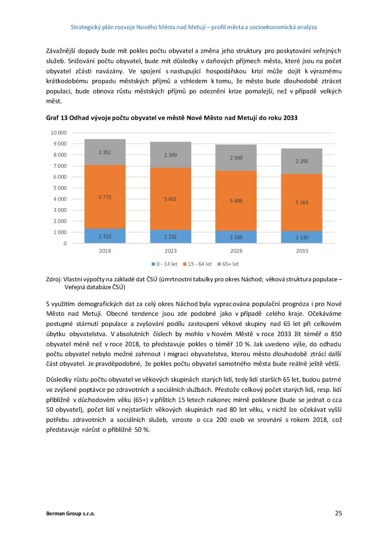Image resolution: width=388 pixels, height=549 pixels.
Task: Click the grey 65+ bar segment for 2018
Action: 105,152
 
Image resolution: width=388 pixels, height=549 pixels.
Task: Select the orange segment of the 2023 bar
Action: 171,199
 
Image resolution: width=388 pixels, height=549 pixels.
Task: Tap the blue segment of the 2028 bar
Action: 236,237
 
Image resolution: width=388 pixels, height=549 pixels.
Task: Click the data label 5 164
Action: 302,202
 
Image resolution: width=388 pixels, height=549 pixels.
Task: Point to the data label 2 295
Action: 302,161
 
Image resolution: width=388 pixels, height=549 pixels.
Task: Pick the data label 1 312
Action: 105,236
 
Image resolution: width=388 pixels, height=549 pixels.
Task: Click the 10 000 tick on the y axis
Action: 59,133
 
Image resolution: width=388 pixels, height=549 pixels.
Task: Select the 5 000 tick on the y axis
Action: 60,188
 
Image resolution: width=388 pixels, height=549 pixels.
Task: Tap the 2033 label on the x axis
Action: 302,251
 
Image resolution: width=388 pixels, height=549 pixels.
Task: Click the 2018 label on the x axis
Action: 105,251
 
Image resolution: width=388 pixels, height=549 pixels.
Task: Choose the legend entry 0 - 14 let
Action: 164,264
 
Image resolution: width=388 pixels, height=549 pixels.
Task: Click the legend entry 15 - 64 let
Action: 197,264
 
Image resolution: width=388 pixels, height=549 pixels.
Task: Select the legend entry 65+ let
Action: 228,264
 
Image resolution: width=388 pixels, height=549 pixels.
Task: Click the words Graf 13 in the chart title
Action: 57,118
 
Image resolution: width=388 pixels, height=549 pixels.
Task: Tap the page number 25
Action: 338,513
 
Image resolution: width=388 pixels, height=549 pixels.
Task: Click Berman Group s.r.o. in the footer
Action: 70,514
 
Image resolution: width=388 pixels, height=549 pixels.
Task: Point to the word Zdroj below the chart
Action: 53,279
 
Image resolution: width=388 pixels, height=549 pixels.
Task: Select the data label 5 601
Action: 171,199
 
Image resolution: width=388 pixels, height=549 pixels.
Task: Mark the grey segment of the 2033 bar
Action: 302,161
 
